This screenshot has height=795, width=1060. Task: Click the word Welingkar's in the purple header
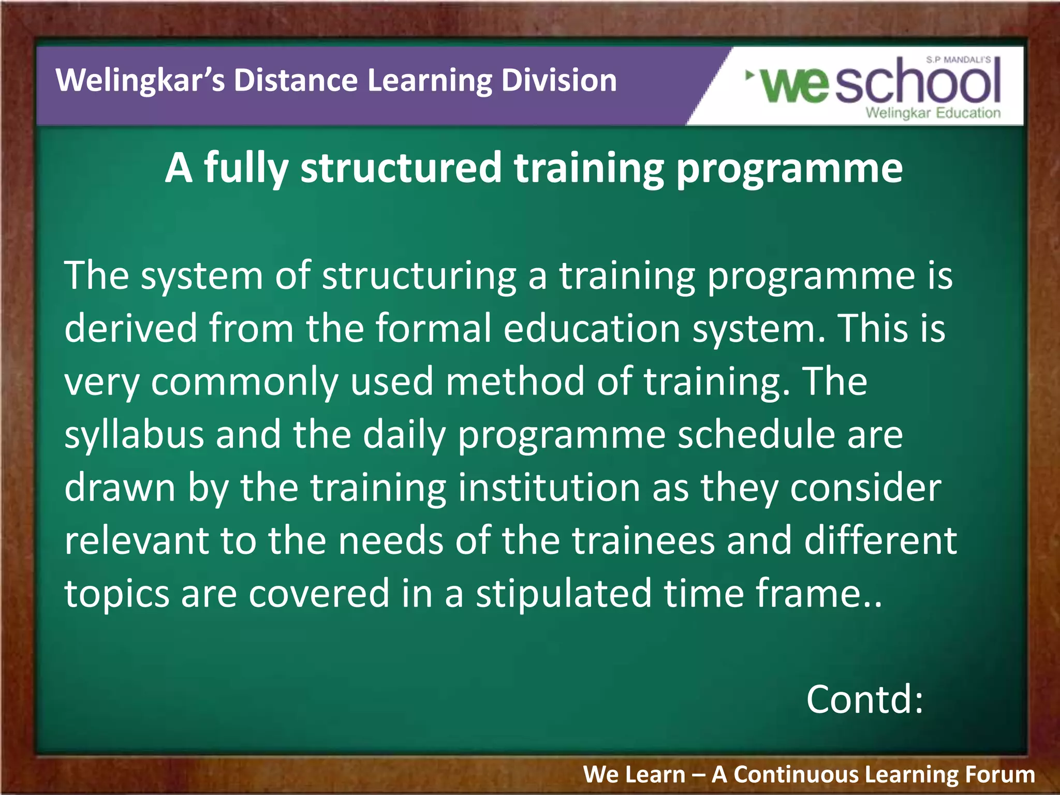(140, 81)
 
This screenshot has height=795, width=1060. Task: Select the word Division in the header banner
(558, 81)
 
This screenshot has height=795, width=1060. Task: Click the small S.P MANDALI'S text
(958, 60)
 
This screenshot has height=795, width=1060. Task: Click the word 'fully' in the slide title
(245, 168)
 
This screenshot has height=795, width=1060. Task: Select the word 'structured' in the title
(401, 168)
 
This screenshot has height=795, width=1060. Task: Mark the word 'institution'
(549, 488)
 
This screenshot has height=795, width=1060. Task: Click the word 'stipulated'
(564, 594)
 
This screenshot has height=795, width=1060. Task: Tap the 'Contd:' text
(865, 699)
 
